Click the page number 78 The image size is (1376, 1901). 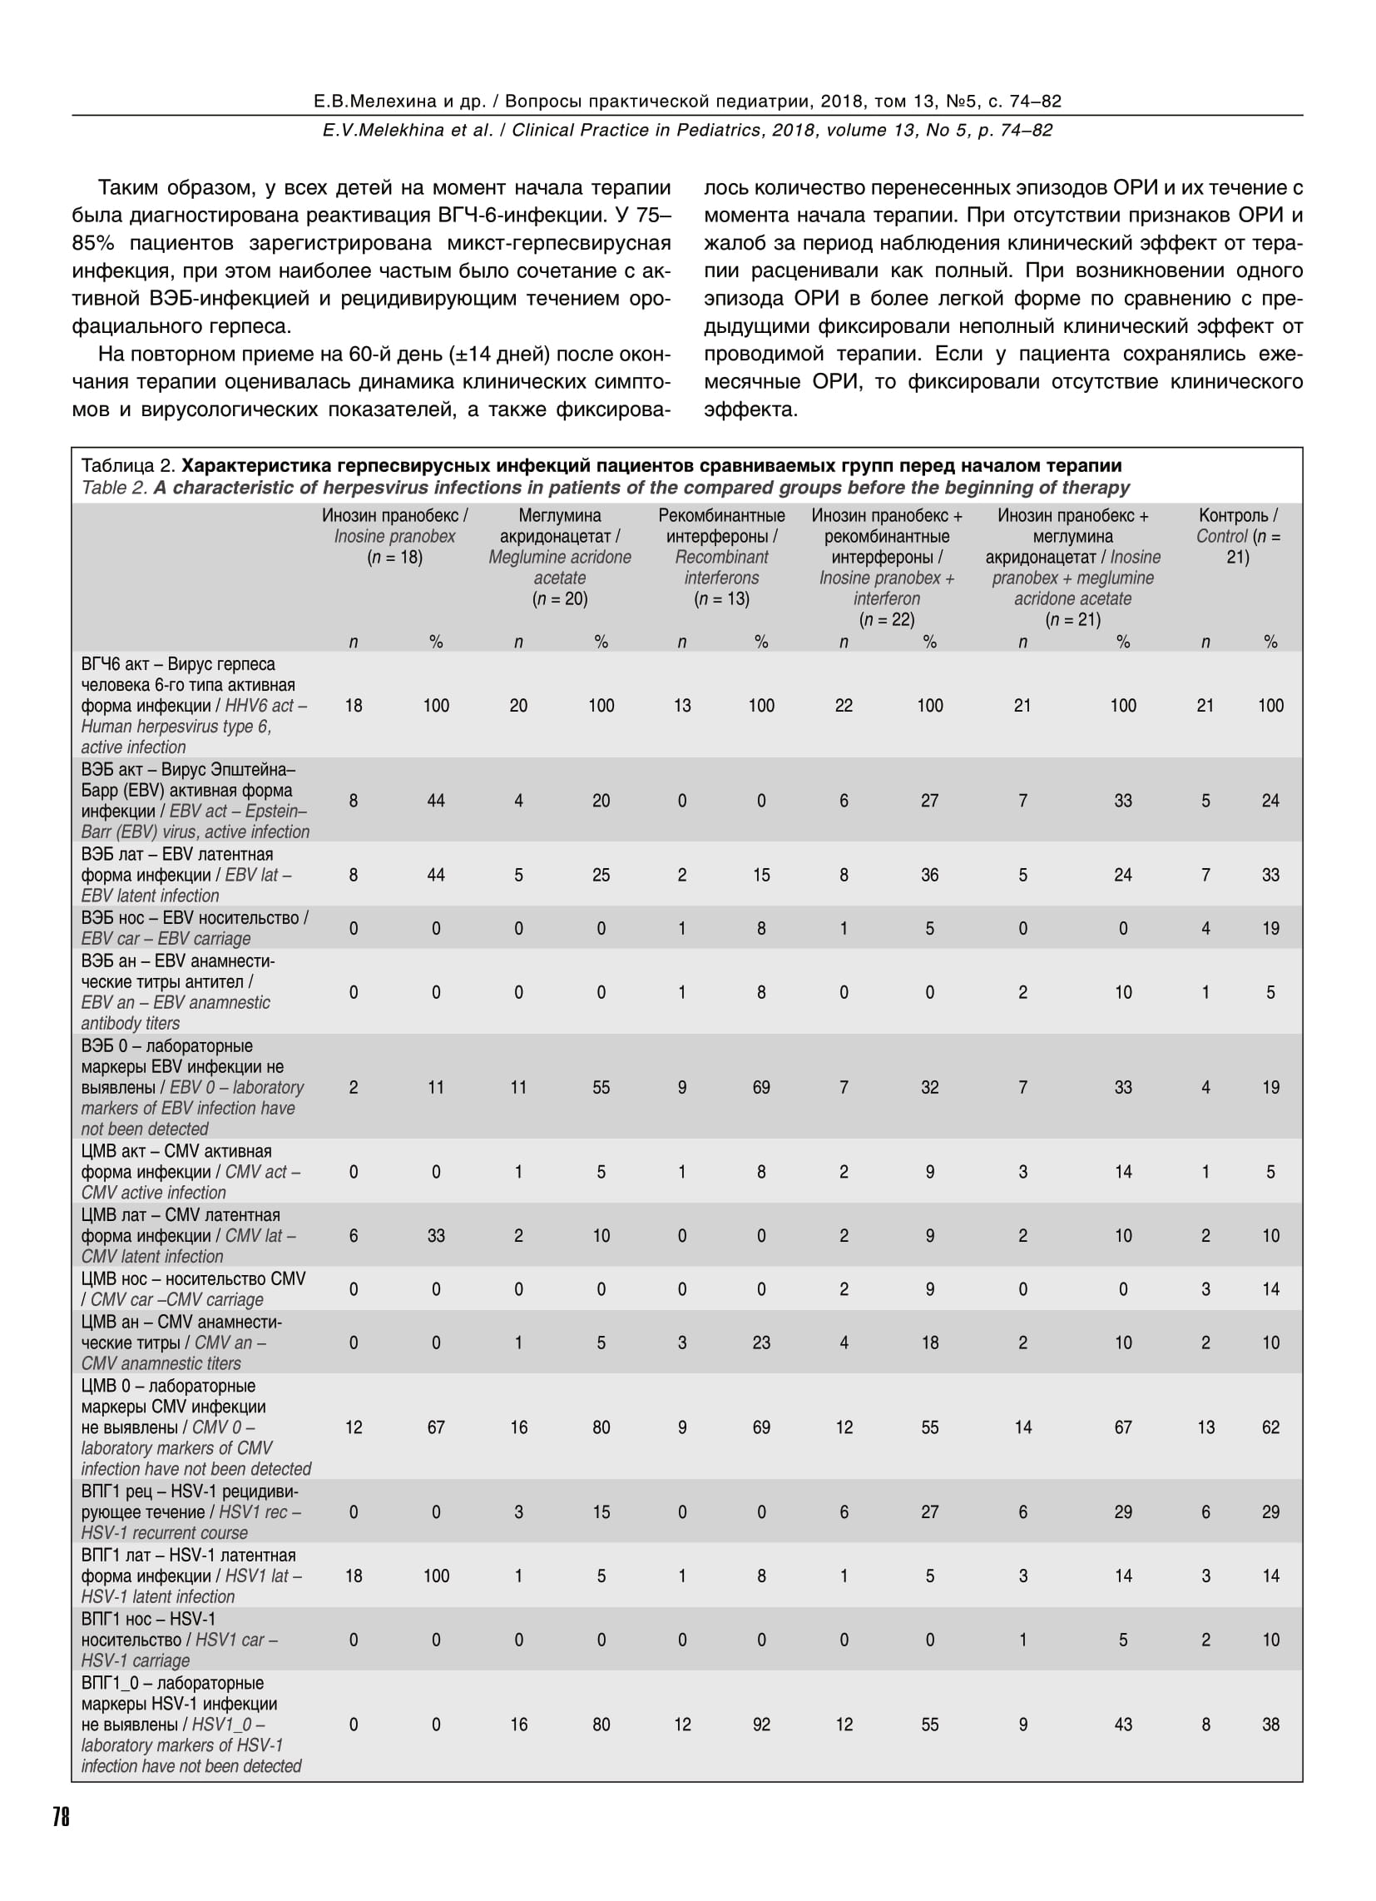(62, 1816)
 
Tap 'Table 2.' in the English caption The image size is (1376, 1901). (115, 488)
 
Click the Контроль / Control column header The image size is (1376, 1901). (1238, 536)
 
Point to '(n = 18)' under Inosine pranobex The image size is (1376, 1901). (393, 558)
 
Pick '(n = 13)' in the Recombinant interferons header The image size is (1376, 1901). (720, 598)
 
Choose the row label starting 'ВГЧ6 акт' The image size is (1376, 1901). (194, 705)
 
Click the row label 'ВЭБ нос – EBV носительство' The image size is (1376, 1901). (194, 928)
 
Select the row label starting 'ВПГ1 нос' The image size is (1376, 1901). (180, 1639)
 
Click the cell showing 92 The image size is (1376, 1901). (761, 1725)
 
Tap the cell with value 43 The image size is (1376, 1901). (1123, 1725)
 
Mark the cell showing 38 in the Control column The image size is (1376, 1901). (1270, 1725)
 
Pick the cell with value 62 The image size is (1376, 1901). (1270, 1427)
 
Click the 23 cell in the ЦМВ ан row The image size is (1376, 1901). (761, 1342)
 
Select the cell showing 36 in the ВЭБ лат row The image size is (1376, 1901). (929, 874)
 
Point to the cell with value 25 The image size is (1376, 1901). (601, 874)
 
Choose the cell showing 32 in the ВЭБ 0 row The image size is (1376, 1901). (929, 1087)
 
